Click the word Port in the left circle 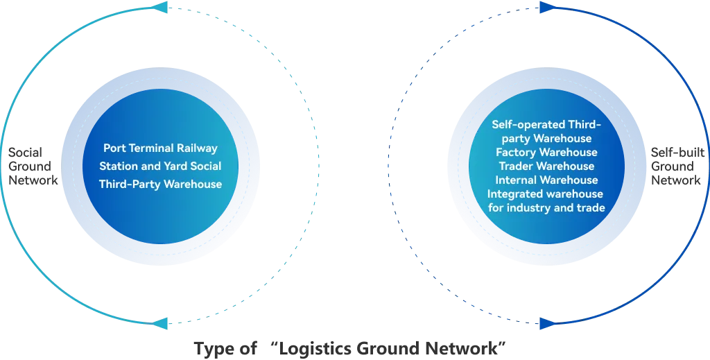coord(114,148)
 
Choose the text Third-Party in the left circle coord(131,185)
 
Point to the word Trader coord(517,166)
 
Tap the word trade coord(591,208)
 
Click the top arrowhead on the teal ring coord(159,8)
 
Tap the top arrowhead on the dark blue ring coord(546,8)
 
